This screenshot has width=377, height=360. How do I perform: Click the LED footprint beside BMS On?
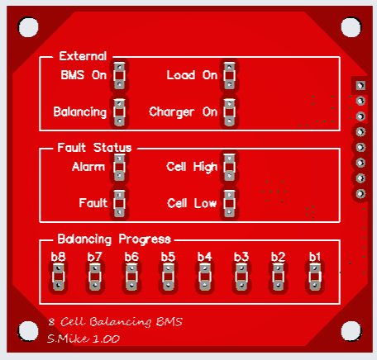(x=119, y=75)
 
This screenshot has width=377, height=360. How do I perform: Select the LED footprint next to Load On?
(x=229, y=75)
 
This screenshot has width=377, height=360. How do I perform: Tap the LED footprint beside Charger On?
(x=229, y=112)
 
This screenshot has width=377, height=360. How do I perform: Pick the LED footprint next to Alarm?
(x=119, y=167)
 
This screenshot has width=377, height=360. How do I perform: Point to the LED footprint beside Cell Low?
(x=229, y=203)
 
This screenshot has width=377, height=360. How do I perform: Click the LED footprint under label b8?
(x=58, y=277)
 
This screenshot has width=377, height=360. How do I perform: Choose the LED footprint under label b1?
(x=315, y=277)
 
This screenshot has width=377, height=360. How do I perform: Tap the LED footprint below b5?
(x=168, y=277)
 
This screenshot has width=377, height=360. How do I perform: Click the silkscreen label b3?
(x=241, y=257)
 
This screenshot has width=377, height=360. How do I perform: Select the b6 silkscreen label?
(x=131, y=257)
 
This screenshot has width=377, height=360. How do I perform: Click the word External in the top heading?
(x=83, y=56)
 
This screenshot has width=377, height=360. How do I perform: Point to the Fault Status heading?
(x=94, y=148)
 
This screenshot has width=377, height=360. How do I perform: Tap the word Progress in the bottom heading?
(x=145, y=239)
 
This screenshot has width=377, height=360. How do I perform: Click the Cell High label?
(x=192, y=167)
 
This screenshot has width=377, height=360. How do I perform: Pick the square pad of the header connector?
(x=360, y=85)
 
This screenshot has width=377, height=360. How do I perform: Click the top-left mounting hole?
(x=28, y=27)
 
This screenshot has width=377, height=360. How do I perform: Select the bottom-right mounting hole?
(x=351, y=331)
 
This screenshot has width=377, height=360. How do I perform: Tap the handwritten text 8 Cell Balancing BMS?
(x=115, y=321)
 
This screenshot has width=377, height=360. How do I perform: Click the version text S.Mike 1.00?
(x=84, y=339)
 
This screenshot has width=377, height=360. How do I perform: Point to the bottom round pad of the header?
(x=360, y=194)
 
